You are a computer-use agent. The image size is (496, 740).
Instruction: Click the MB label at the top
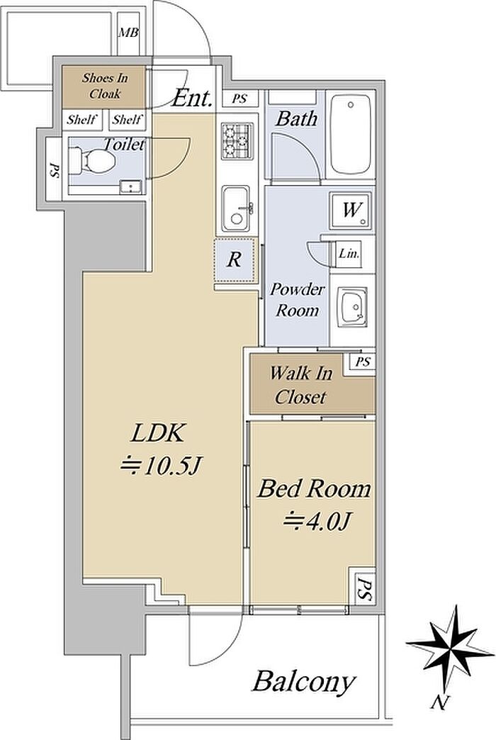coord(128,32)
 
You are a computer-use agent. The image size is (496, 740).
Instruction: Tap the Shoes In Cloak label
coord(101,85)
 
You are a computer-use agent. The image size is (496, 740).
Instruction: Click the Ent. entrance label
coord(193,99)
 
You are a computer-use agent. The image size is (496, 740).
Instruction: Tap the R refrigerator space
coord(234,260)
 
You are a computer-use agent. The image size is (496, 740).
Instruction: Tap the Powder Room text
coord(299,300)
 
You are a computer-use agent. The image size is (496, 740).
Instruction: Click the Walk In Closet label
coord(300,386)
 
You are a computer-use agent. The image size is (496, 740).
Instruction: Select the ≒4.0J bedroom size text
coord(310,522)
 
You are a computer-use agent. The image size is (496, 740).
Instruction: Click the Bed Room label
coord(313,489)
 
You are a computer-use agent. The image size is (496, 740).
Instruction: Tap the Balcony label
coord(303,683)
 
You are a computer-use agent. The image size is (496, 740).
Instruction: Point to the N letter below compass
coord(441,703)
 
